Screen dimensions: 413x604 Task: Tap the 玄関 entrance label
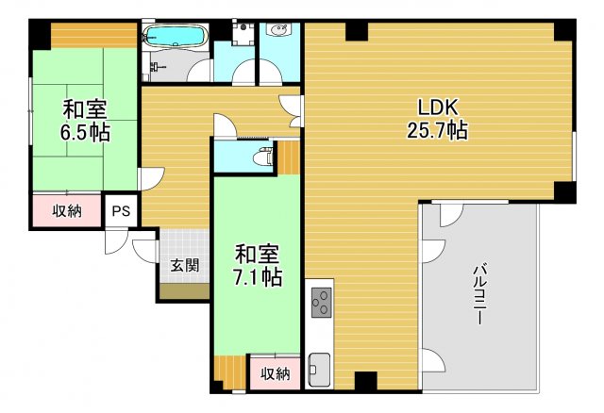point(184,266)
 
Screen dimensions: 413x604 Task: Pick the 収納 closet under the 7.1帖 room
point(275,374)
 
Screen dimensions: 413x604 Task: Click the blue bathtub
point(176,37)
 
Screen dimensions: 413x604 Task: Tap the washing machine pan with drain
point(243,32)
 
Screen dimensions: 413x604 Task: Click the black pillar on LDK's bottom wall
point(365,382)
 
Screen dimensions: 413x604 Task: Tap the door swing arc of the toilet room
point(226,126)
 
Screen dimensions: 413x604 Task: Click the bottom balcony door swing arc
point(430,359)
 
